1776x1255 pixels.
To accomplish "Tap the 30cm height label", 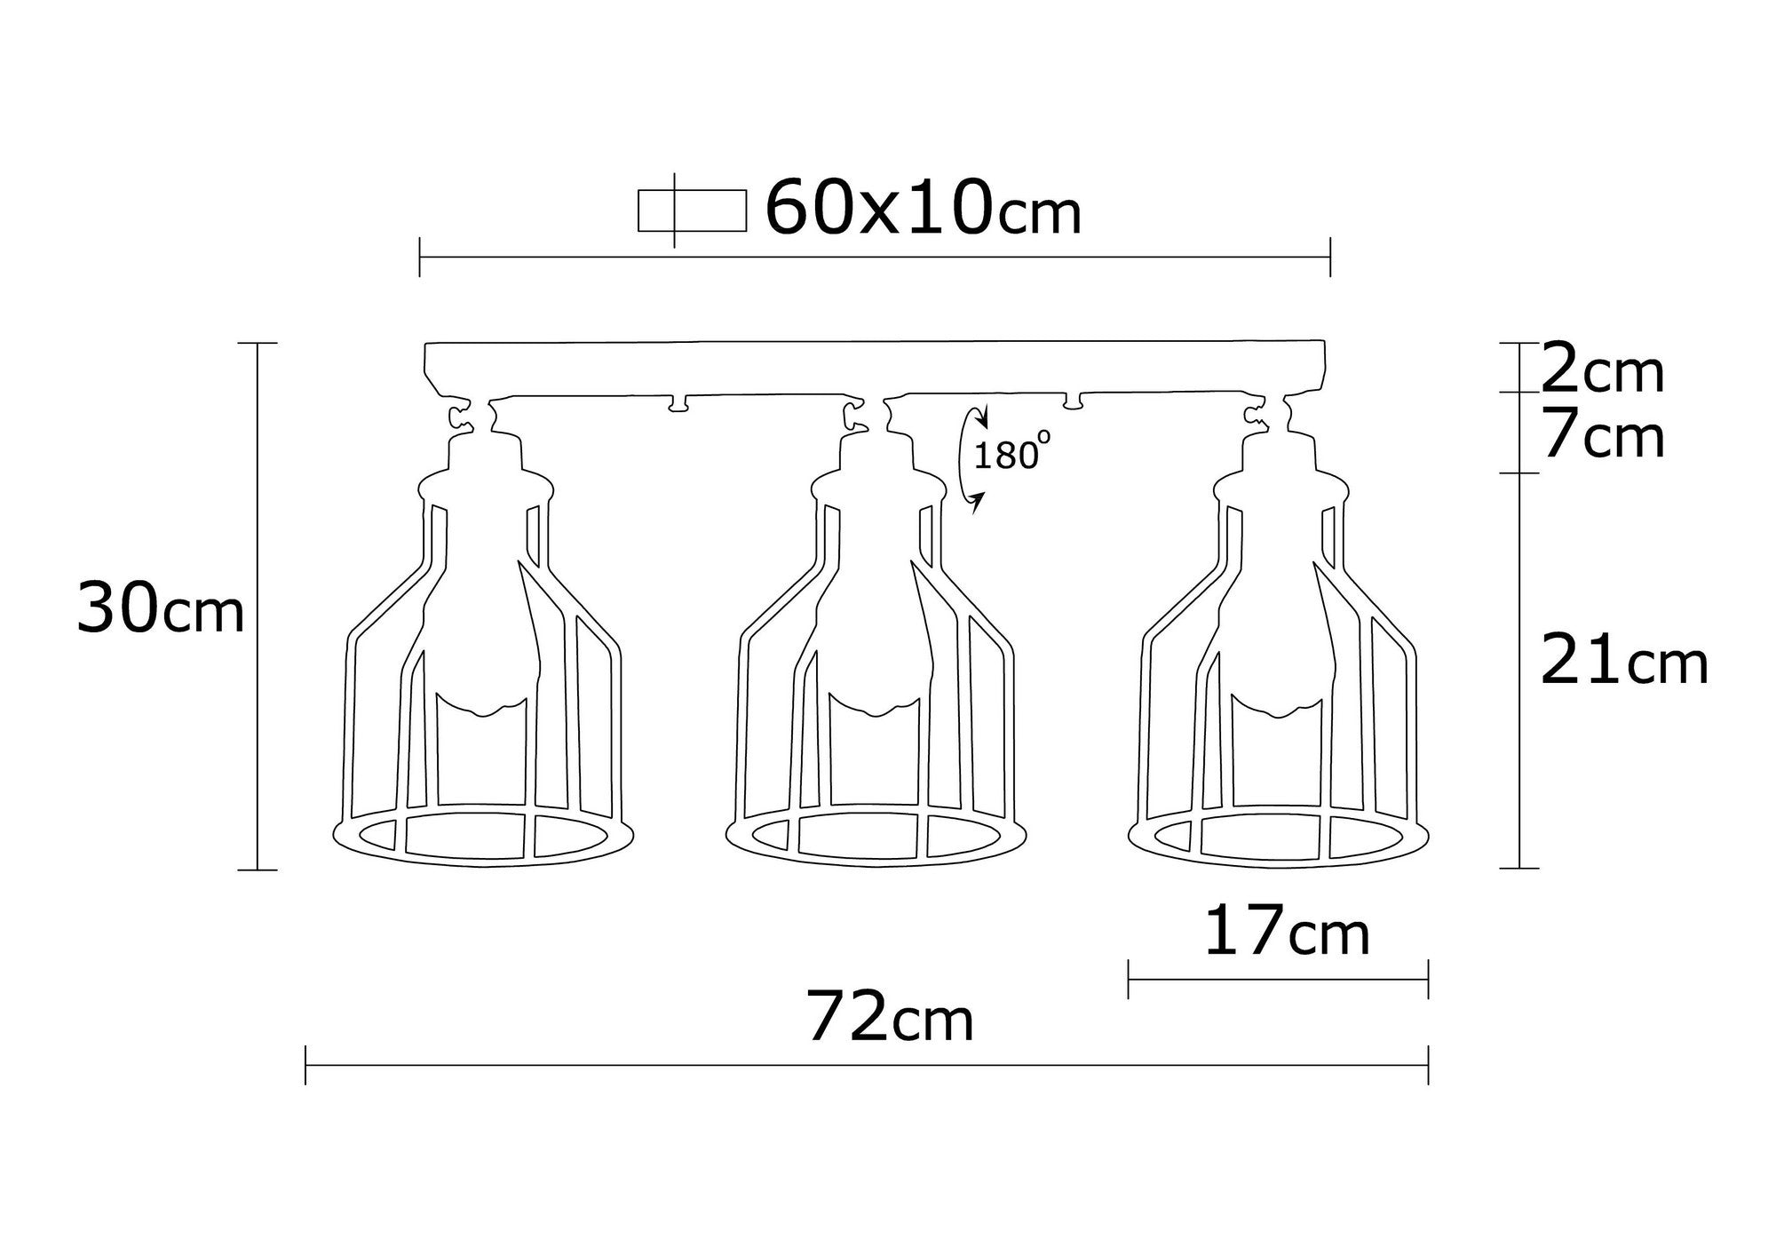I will [x=161, y=608].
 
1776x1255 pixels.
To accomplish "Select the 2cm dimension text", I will [x=1602, y=371].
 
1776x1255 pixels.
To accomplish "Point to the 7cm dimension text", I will [x=1602, y=437].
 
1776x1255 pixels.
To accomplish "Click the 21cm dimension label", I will [x=1623, y=663].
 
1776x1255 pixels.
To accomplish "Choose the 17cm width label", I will [x=1286, y=932].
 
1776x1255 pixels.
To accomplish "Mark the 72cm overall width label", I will [x=890, y=1020].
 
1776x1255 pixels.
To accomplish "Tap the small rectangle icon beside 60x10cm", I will [x=692, y=211].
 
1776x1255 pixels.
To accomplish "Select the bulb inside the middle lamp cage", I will [x=875, y=639].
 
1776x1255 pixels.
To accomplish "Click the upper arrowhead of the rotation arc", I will [x=980, y=417].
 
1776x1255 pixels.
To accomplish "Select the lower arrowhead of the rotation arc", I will [x=977, y=503].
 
